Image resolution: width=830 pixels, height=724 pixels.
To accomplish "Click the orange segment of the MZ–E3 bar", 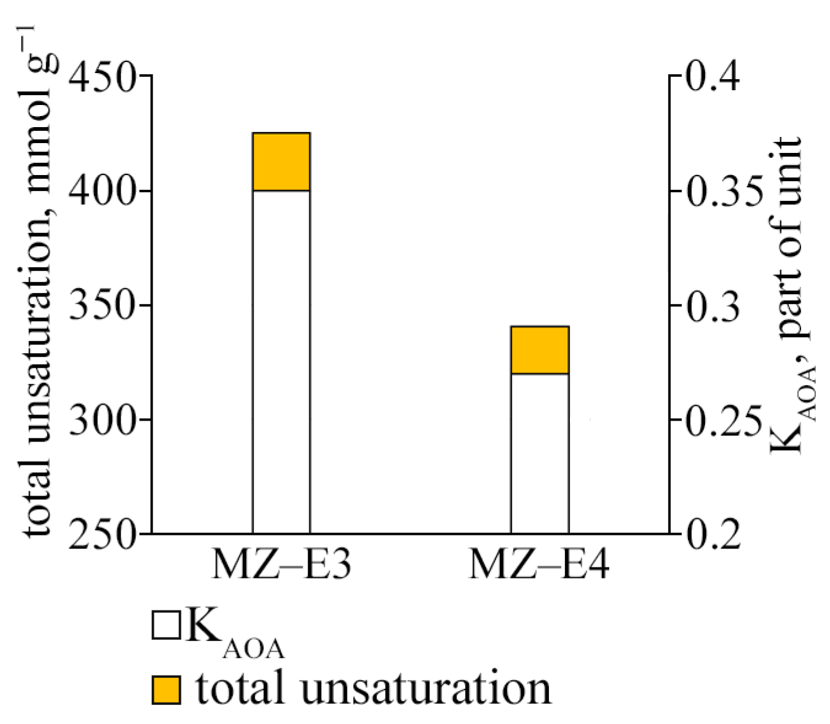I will click(281, 162).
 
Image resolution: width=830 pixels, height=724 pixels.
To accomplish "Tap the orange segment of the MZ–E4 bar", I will click(539, 350).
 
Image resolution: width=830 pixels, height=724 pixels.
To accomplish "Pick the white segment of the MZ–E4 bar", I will click(539, 453).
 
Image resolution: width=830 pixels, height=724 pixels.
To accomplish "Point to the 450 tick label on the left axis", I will click(101, 77).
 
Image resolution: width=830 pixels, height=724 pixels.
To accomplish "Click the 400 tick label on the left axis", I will click(101, 192).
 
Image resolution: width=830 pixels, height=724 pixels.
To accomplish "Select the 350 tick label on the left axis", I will click(101, 306).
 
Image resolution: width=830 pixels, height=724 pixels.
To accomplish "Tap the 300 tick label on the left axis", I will click(101, 420).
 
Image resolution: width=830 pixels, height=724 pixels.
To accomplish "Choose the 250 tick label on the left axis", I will click(101, 534).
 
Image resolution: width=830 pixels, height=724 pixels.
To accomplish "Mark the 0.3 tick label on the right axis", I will click(713, 306).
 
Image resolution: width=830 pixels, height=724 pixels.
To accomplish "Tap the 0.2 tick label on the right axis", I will click(713, 534).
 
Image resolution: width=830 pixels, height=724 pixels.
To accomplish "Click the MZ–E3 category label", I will click(282, 564).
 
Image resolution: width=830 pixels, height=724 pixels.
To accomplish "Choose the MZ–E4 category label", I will click(539, 564).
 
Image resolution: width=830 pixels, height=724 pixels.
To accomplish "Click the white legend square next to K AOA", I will click(166, 626).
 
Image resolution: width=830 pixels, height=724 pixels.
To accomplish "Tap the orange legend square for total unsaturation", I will click(166, 690).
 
